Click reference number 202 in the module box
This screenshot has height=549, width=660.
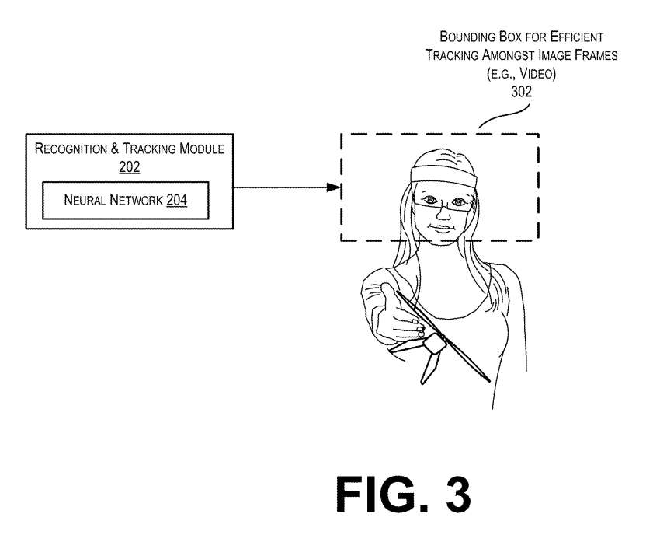(129, 166)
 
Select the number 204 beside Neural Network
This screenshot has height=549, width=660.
(176, 201)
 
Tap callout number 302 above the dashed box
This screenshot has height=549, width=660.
(521, 91)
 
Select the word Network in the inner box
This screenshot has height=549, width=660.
(133, 201)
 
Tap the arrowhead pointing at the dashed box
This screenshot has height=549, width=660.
(334, 187)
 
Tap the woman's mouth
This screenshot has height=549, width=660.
(440, 229)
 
